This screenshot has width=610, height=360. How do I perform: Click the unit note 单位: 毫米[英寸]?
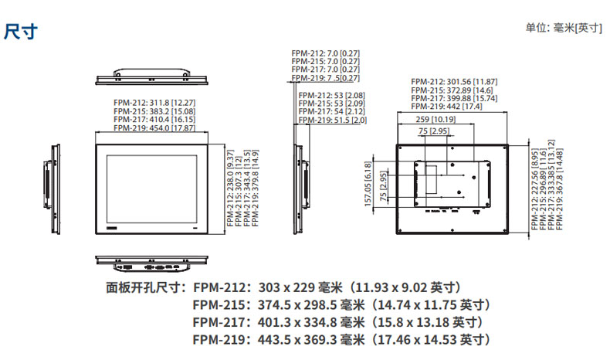tap(564, 28)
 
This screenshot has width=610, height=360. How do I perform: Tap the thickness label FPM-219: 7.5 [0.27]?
tap(326, 78)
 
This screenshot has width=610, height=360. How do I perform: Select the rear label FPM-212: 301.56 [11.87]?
tap(454, 81)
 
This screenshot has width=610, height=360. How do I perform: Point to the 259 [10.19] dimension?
tap(434, 120)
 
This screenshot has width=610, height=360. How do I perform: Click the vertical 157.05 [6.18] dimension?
tap(368, 185)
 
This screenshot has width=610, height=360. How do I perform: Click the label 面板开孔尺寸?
tap(144, 288)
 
